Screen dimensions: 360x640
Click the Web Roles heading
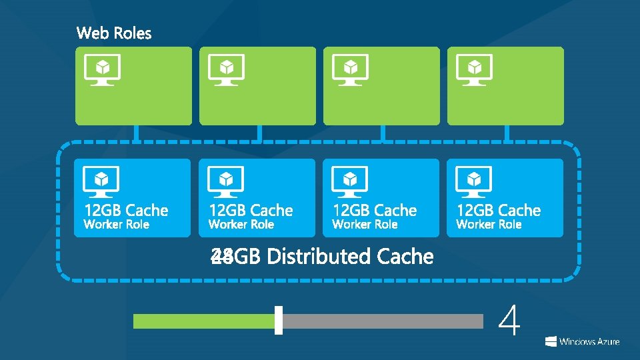[x=114, y=33]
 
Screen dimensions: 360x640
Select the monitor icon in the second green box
[x=226, y=69]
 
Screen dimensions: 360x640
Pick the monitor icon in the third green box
[x=350, y=69]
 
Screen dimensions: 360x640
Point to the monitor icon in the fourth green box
[x=474, y=69]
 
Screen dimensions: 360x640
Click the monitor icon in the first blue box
[x=101, y=181]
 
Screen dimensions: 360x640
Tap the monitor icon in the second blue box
[x=226, y=181]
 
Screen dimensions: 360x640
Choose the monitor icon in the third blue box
[x=350, y=181]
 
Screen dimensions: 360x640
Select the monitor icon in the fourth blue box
[x=474, y=181]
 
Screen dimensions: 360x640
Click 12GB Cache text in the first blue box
[x=126, y=211]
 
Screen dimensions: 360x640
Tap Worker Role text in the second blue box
[x=241, y=225]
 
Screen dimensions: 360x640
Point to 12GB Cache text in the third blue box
[x=375, y=211]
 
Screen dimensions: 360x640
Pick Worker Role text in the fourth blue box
[x=489, y=225]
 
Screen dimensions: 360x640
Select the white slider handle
[x=279, y=320]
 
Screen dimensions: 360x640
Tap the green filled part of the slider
[x=203, y=321]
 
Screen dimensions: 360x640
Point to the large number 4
[x=509, y=321]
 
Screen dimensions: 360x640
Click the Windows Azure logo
[x=582, y=341]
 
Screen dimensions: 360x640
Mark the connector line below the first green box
[x=135, y=133]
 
